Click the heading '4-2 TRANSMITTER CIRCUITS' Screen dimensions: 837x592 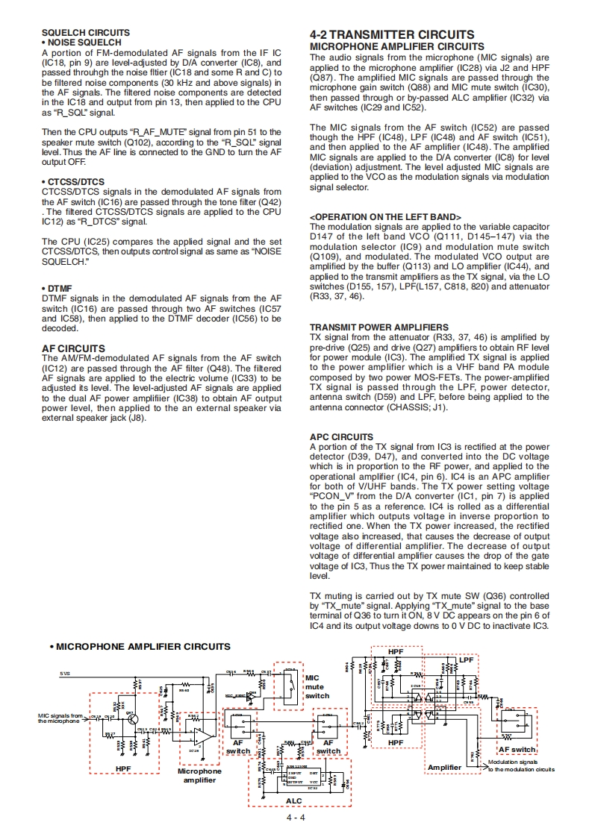tap(391, 35)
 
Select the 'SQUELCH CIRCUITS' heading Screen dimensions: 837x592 tap(85, 33)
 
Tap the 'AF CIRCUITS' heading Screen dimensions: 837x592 tap(73, 348)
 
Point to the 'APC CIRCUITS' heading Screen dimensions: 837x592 tap(341, 437)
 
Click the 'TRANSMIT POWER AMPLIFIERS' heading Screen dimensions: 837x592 tap(378, 327)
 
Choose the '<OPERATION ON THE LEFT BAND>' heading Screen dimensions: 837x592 tap(385, 217)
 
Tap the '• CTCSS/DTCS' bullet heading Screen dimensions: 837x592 tap(73, 182)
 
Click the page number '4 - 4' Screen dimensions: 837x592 tap(296, 818)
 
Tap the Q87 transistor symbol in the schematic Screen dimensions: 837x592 tap(131, 717)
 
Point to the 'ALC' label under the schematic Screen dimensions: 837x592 tap(294, 800)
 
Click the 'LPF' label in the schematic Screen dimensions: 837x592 tap(466, 659)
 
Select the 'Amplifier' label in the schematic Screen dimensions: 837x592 tap(444, 768)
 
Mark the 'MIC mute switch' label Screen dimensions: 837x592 tap(317, 686)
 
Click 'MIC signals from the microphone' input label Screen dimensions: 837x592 tap(60, 718)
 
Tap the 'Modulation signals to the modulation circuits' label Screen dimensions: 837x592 tap(520, 765)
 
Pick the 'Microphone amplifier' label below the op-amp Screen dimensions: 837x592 tap(199, 776)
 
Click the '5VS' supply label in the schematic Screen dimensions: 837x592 tap(65, 673)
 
